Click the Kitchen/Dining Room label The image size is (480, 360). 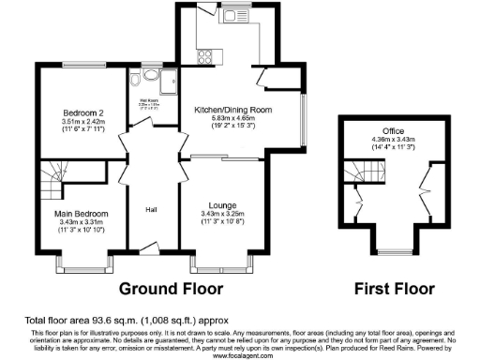232,110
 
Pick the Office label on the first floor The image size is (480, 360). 392,130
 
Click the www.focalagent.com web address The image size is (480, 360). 239,354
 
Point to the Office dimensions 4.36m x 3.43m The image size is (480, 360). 392,140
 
